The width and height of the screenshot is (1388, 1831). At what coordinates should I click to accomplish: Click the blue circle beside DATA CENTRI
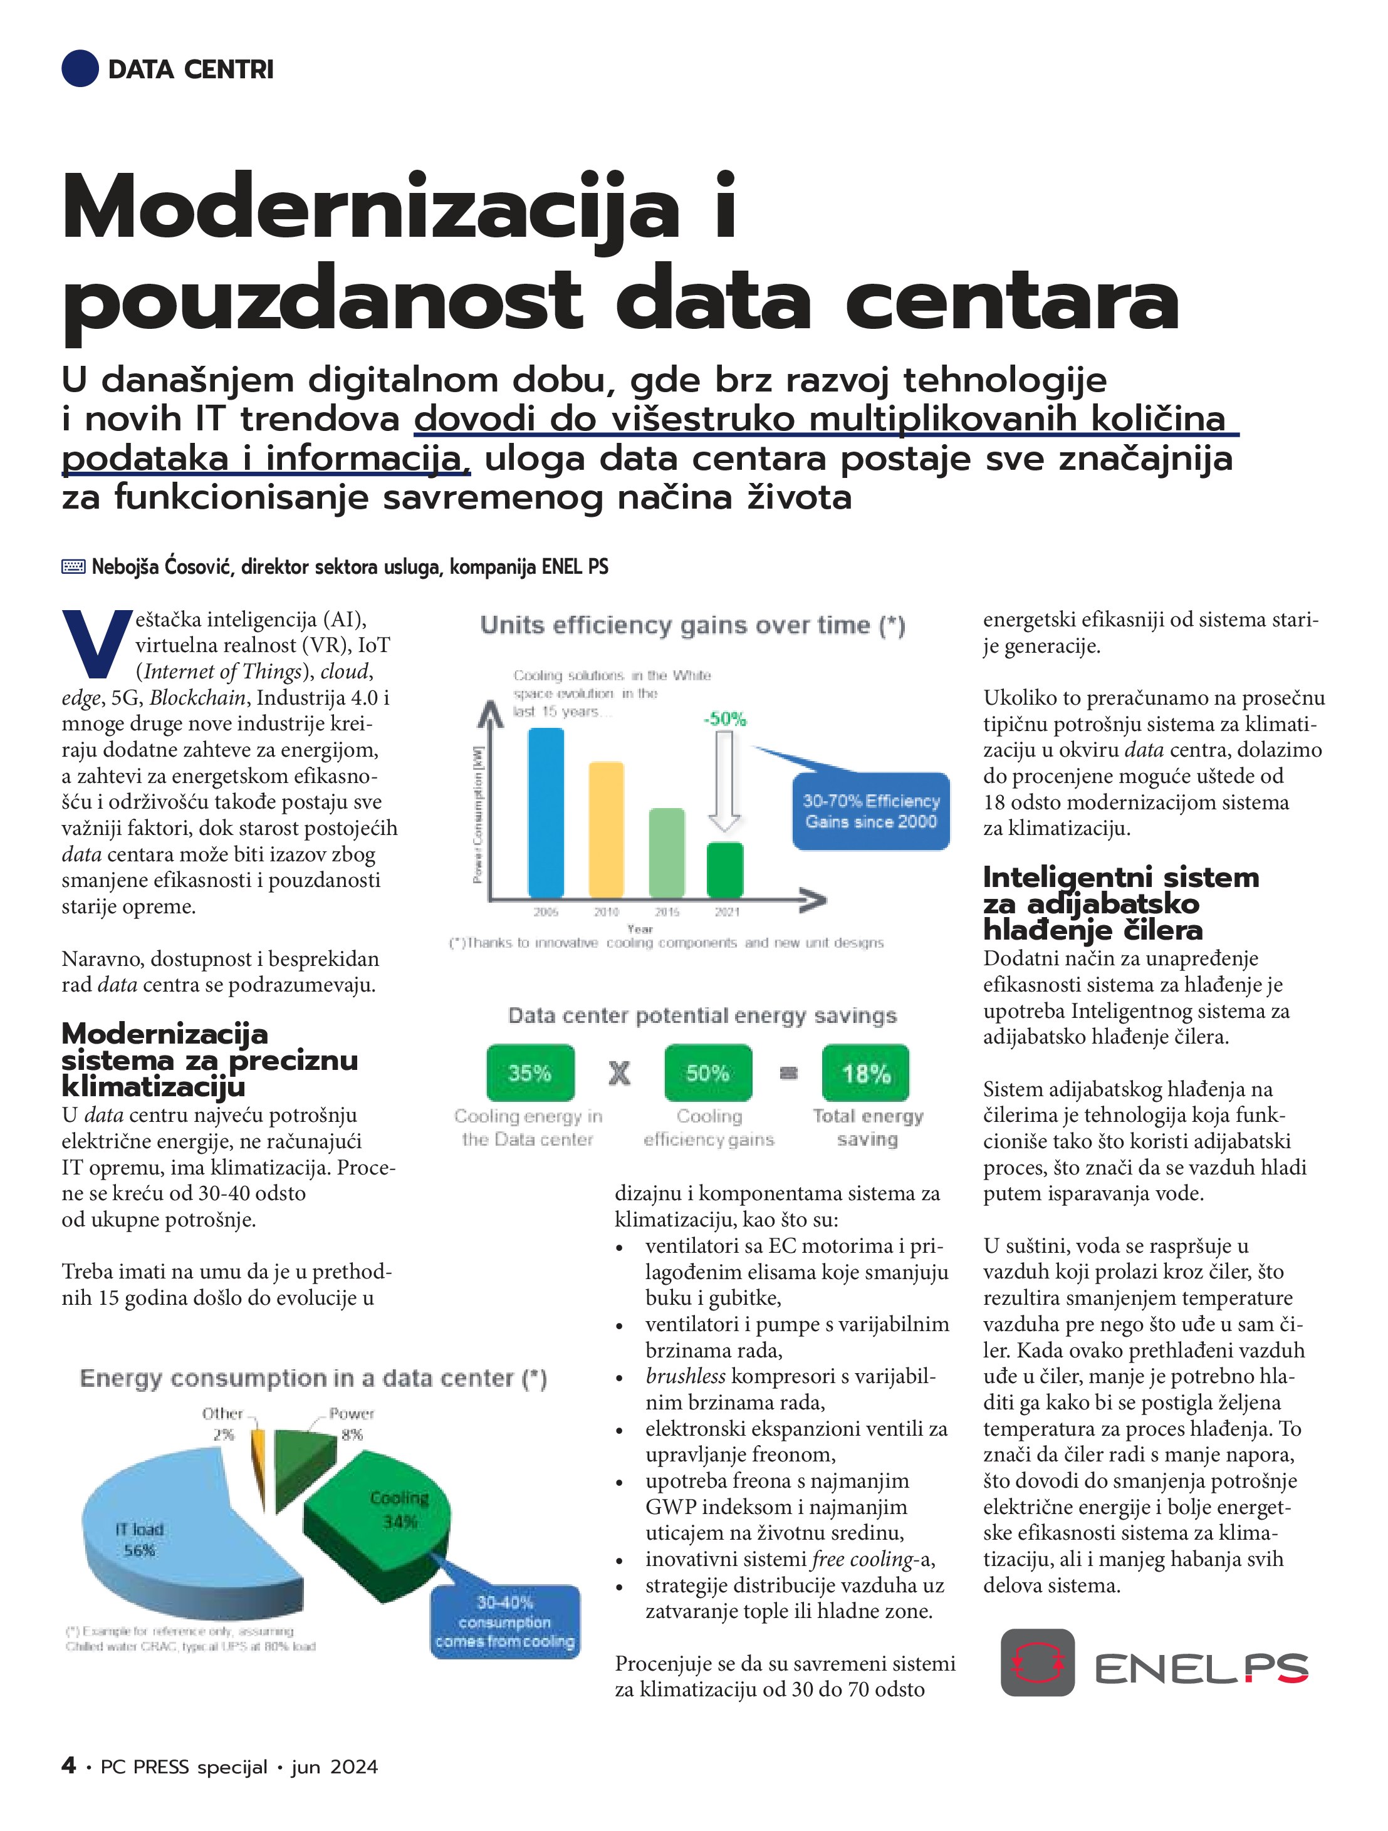coord(80,68)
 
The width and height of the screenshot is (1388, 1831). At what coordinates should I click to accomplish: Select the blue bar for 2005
coord(546,812)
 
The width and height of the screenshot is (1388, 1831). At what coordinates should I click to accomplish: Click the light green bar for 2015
coord(667,852)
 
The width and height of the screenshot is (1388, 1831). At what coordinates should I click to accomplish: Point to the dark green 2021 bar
coord(726,869)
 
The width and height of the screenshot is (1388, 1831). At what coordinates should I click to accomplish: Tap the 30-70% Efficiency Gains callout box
coord(870,811)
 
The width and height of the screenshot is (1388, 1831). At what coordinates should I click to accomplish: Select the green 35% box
coord(530,1073)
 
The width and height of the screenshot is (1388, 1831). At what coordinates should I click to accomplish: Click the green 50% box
coord(708,1073)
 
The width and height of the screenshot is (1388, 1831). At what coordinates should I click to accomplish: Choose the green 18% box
coord(865,1073)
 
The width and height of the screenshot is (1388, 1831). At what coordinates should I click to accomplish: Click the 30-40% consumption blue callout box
coord(505,1622)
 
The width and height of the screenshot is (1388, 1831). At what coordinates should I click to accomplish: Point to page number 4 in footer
coord(69,1766)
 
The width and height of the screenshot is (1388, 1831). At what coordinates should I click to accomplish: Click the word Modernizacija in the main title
coord(370,207)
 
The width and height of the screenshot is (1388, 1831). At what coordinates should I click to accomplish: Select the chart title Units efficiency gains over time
coord(692,626)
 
